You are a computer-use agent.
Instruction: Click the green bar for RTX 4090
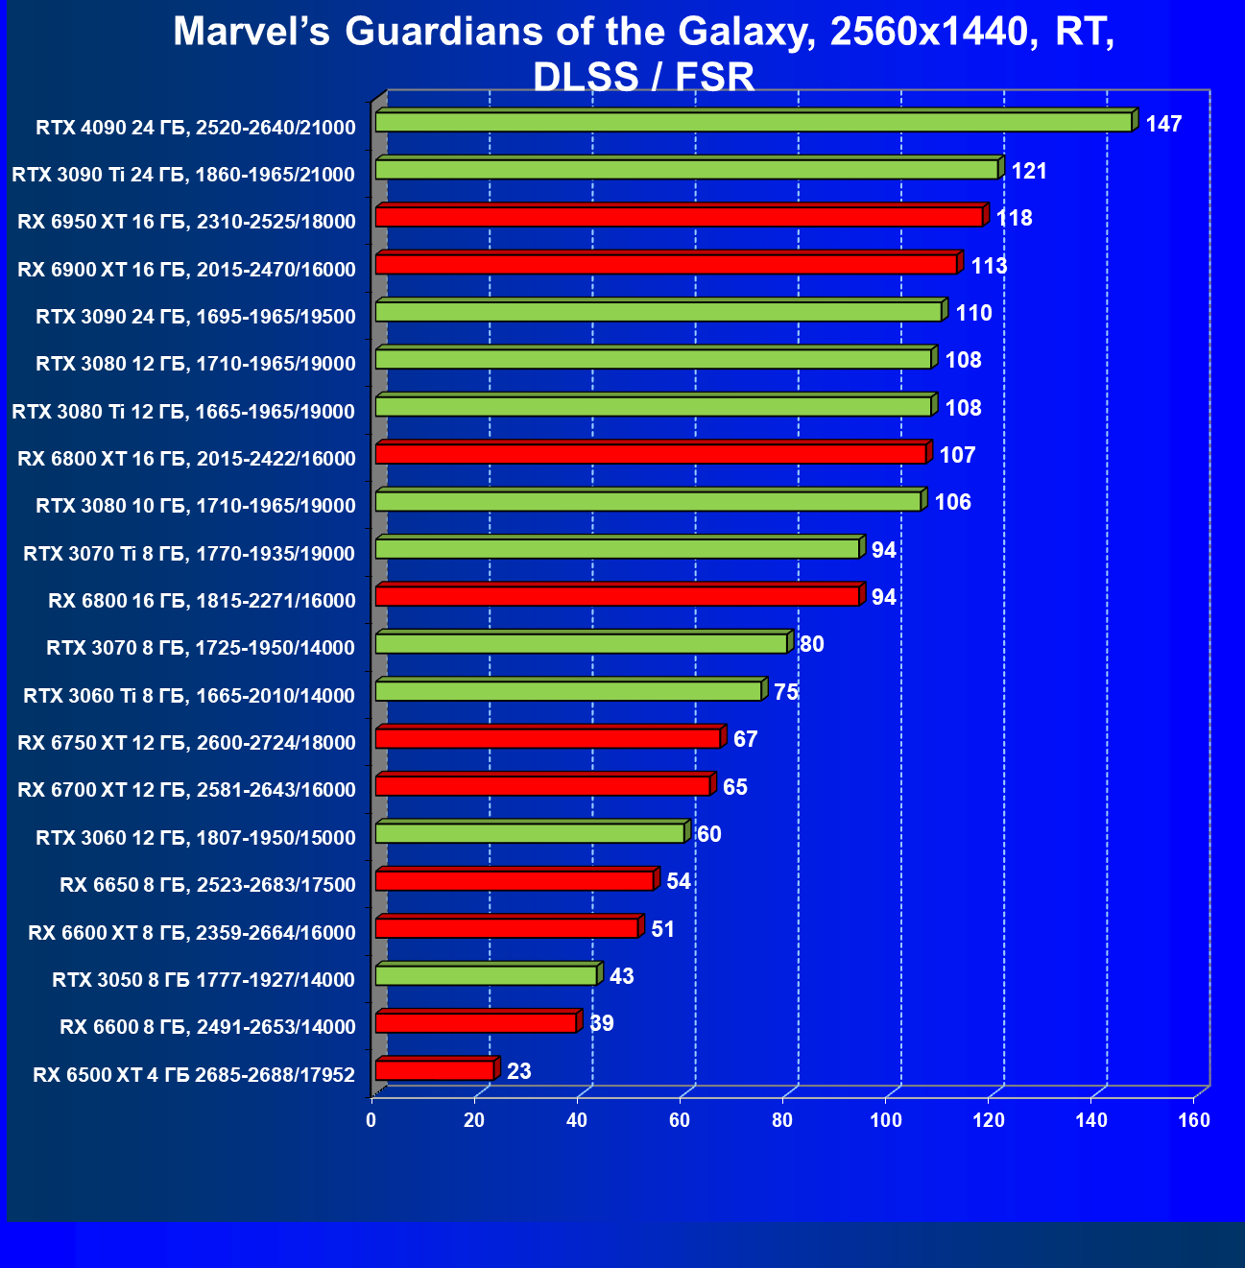click(x=754, y=122)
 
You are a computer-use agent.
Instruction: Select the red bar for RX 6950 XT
click(x=680, y=217)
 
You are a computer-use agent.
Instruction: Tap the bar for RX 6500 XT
click(x=435, y=1070)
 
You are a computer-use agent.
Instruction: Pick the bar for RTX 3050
click(x=486, y=975)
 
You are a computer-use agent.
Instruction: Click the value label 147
click(x=1163, y=124)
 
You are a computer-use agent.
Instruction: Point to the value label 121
click(x=1029, y=171)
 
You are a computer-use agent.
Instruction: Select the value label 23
click(x=518, y=1071)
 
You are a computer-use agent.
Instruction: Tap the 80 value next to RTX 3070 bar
click(x=811, y=644)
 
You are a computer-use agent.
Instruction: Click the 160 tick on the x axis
click(x=1194, y=1120)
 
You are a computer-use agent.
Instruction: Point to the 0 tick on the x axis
click(x=371, y=1120)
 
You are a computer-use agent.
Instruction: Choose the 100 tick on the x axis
click(x=885, y=1120)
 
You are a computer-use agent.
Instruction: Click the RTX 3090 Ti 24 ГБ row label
click(x=183, y=175)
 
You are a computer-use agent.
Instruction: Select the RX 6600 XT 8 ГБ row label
click(x=192, y=932)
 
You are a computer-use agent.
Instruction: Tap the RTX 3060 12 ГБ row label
click(x=196, y=838)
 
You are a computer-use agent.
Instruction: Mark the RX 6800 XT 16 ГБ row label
click(x=186, y=459)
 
